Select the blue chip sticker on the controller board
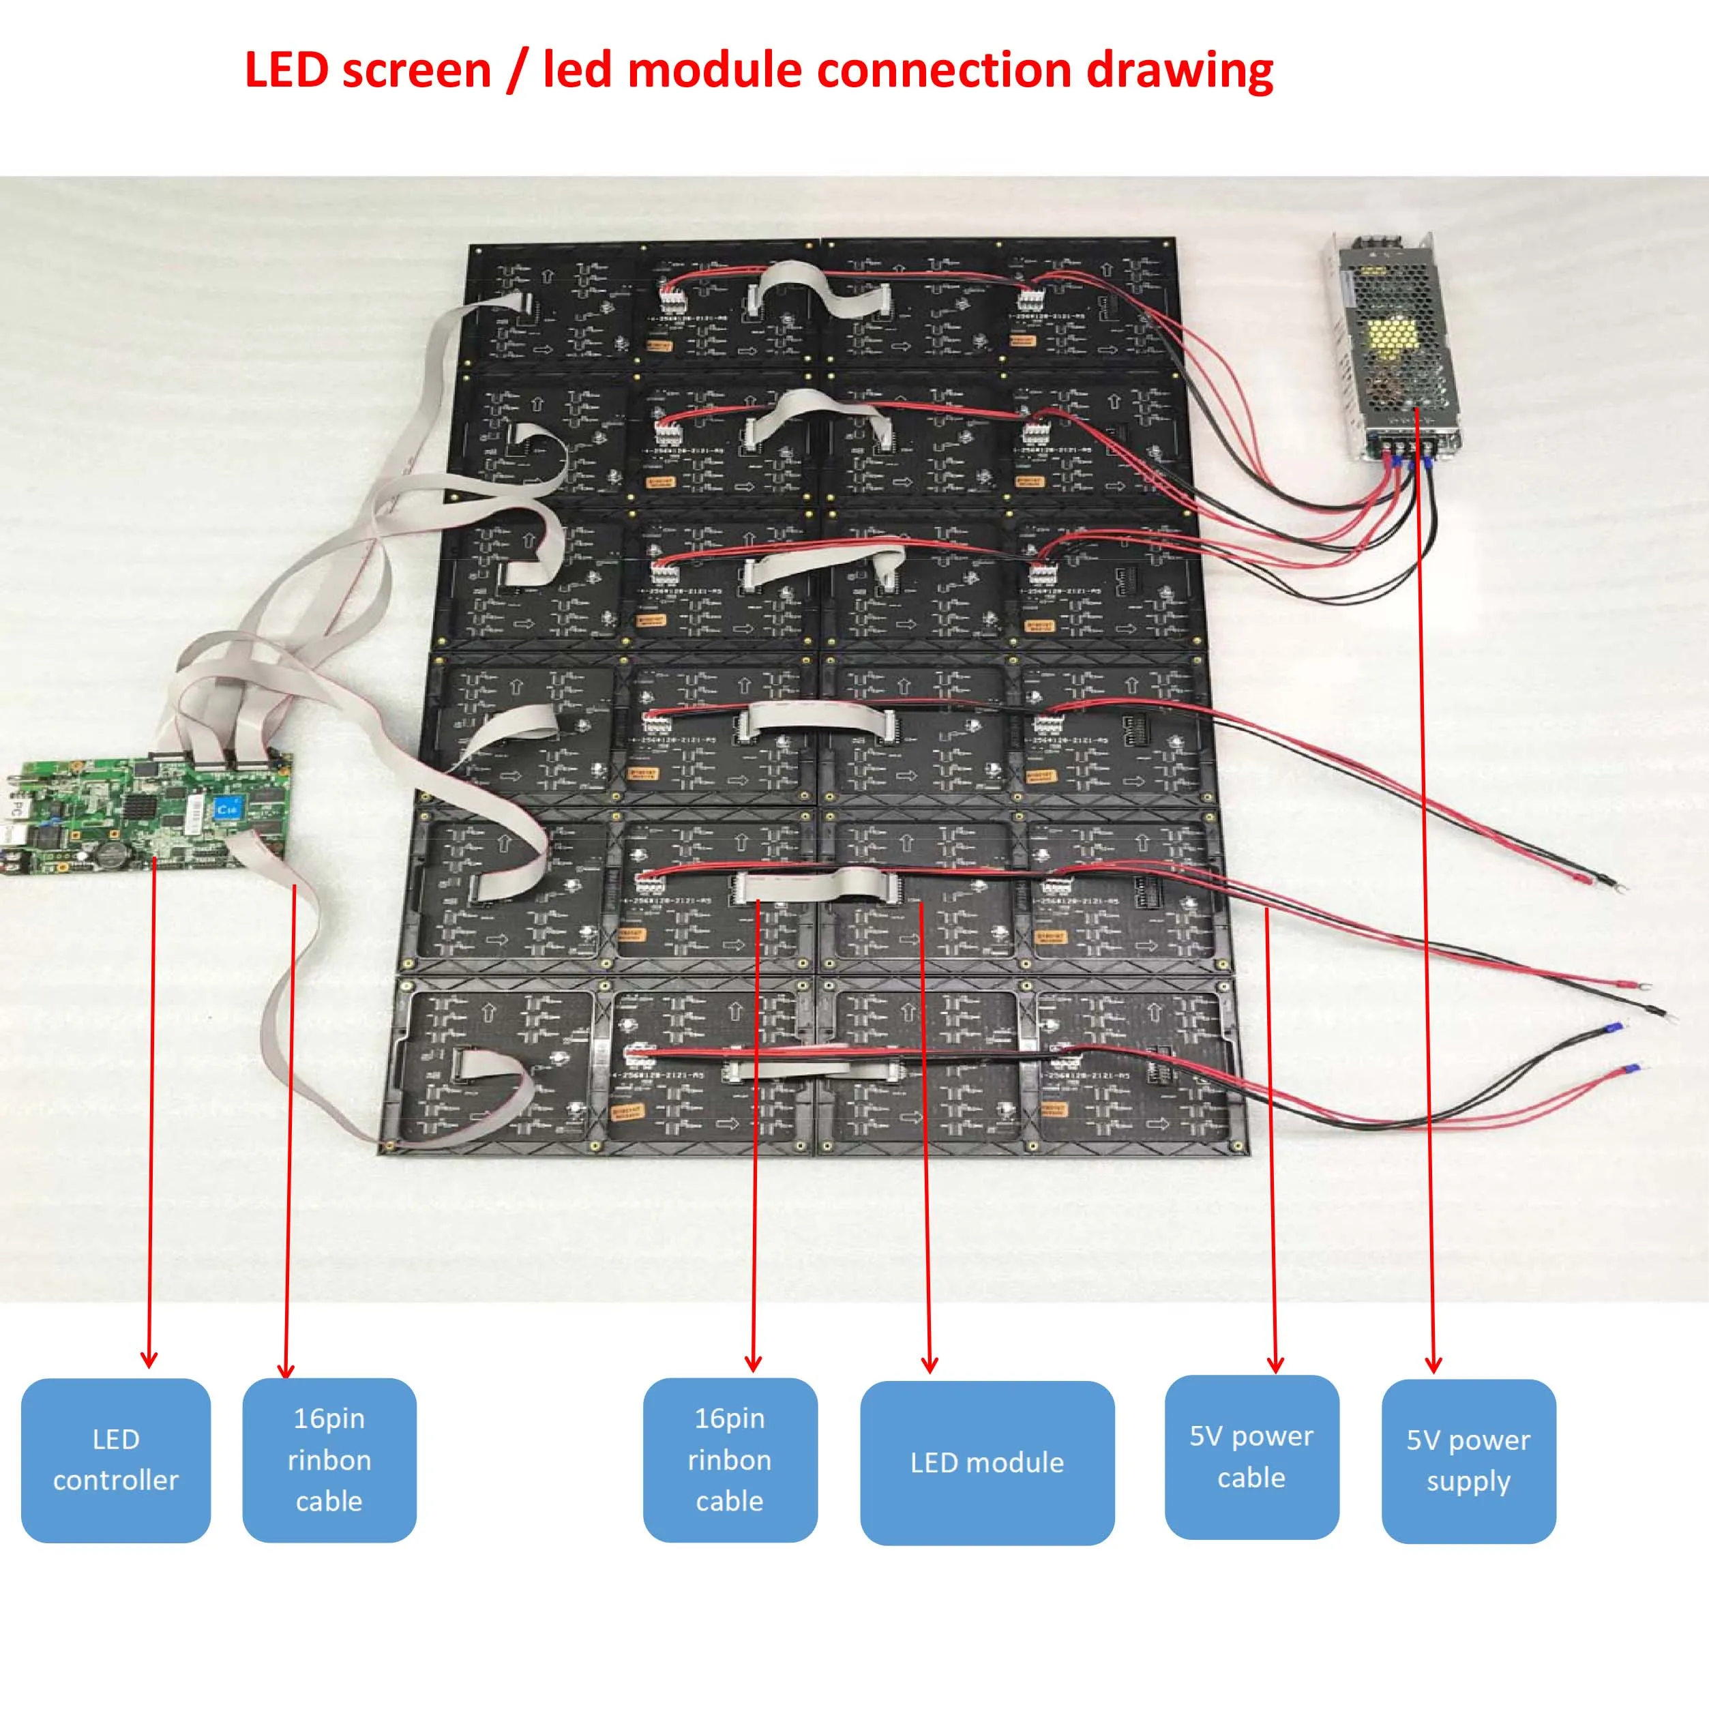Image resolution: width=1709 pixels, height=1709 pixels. click(228, 807)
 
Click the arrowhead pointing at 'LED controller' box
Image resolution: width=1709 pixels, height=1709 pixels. click(149, 1360)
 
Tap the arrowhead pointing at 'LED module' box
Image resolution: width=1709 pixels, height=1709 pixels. click(929, 1365)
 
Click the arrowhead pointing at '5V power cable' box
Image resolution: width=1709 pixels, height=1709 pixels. click(1275, 1365)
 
